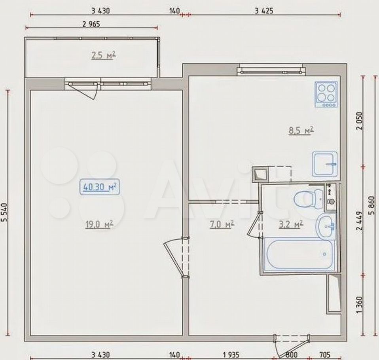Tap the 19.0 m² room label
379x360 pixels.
pyautogui.click(x=99, y=224)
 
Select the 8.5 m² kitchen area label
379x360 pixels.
pyautogui.click(x=301, y=130)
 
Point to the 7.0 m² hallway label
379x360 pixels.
pyautogui.click(x=222, y=224)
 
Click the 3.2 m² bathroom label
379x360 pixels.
pyautogui.click(x=291, y=224)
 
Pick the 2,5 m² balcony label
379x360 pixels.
pyautogui.click(x=103, y=55)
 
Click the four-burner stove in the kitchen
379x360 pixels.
pyautogui.click(x=326, y=94)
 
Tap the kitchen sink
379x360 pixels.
pyautogui.click(x=324, y=164)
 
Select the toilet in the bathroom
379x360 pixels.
pyautogui.click(x=309, y=199)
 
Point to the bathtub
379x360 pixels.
pyautogui.click(x=300, y=254)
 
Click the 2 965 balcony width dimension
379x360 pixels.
pyautogui.click(x=91, y=24)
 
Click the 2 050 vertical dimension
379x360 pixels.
pyautogui.click(x=359, y=121)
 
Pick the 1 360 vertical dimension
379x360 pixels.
pyautogui.click(x=359, y=305)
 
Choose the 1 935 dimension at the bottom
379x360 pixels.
pyautogui.click(x=231, y=355)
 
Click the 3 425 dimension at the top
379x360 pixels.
pyautogui.click(x=264, y=11)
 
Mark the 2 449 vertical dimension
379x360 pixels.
pyautogui.click(x=359, y=221)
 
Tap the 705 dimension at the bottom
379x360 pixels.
pyautogui.click(x=325, y=355)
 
